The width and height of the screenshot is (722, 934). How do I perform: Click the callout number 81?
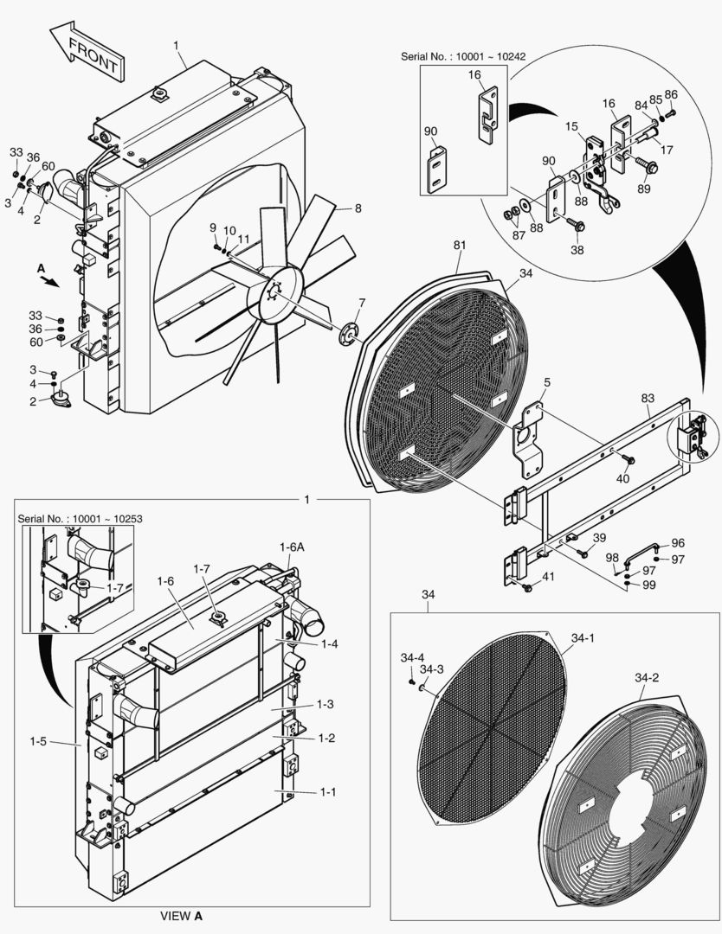pos(460,246)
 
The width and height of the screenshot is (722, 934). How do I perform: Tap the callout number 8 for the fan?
pos(357,208)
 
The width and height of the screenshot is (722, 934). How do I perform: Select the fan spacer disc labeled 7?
pos(350,333)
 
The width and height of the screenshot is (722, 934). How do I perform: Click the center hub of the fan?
pos(276,294)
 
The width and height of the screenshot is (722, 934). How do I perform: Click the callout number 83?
pos(647,399)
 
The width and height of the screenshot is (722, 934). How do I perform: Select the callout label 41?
pos(548,577)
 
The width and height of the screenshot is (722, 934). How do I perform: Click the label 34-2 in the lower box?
pos(647,678)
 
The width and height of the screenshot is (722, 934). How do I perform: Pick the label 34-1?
pos(583,639)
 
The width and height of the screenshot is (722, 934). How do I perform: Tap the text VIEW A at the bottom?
pos(181,915)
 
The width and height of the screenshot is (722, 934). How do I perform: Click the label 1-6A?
pos(292,547)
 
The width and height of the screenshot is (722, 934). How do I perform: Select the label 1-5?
pos(38,741)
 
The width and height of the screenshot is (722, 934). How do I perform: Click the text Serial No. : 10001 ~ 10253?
pos(80,518)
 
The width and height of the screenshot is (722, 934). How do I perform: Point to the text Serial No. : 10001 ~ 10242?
pos(463,56)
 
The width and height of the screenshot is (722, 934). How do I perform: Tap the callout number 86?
pos(671,94)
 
